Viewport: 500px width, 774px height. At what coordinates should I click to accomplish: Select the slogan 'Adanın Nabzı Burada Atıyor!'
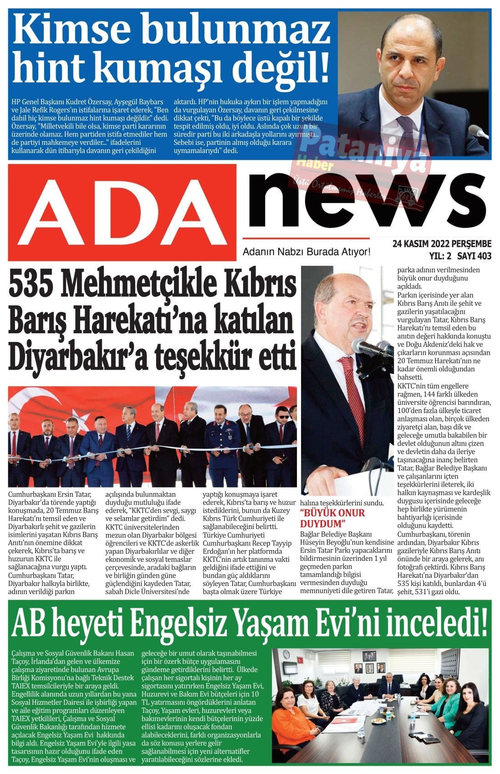307,251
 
